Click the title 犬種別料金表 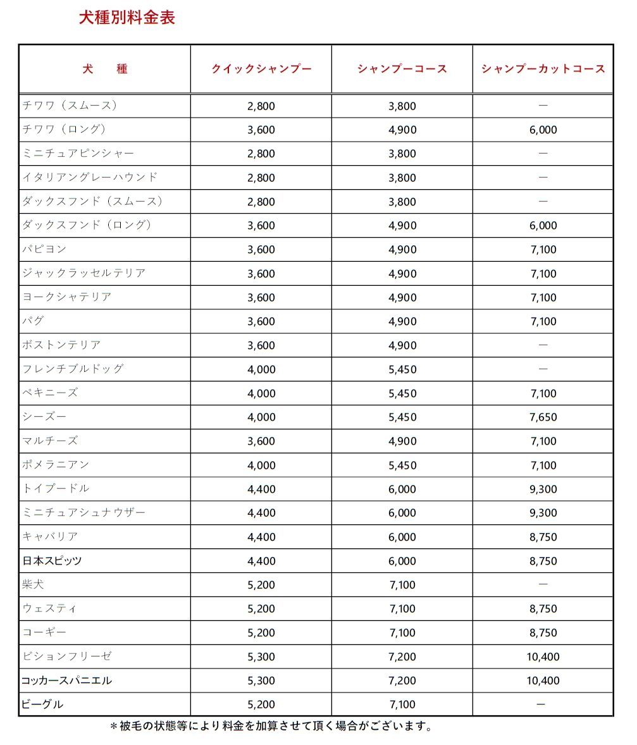[x=127, y=18]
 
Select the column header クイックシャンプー [x=261, y=69]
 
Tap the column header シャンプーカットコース [x=543, y=69]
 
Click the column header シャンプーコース [x=402, y=69]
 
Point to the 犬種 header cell [x=105, y=69]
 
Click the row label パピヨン [x=44, y=249]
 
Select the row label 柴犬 [x=34, y=584]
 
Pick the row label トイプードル [x=56, y=488]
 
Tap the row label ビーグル [x=43, y=704]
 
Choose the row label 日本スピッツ [x=52, y=560]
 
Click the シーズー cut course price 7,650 [x=543, y=417]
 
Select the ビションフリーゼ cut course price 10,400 [x=543, y=656]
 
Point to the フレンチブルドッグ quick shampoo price [x=261, y=369]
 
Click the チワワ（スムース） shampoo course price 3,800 [x=402, y=106]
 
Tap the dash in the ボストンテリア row [x=543, y=345]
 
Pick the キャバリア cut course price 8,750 [x=543, y=536]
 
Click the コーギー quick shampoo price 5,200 [x=261, y=632]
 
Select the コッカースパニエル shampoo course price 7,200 [x=402, y=680]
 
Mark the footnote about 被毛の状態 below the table [x=272, y=726]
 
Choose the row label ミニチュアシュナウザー [x=83, y=512]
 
